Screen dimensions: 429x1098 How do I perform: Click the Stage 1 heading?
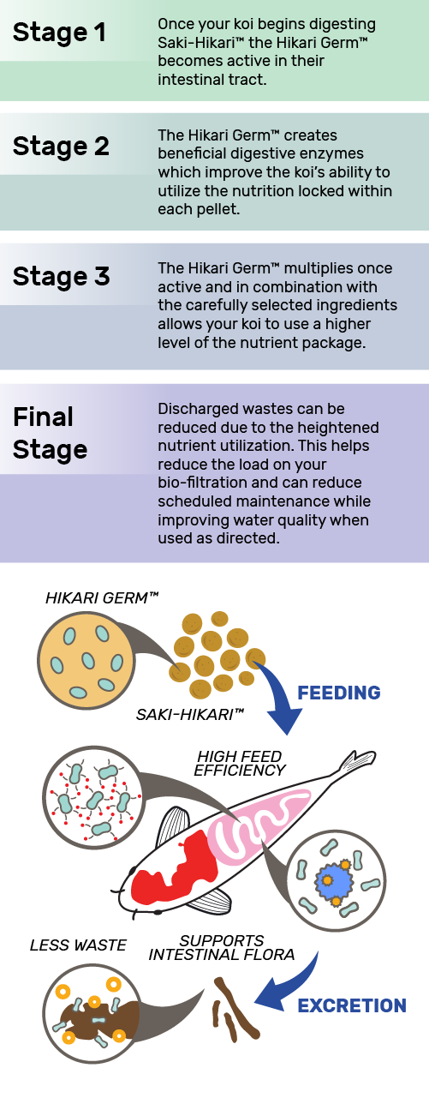[59, 33]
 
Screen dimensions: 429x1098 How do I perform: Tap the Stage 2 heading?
[61, 146]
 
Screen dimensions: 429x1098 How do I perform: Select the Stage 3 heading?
[61, 276]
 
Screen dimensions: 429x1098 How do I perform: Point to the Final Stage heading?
[50, 434]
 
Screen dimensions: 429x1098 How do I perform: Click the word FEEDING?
[339, 693]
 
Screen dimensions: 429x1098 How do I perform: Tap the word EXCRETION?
[352, 1005]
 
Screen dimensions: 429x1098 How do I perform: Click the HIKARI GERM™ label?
[102, 598]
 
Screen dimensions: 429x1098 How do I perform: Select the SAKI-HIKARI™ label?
[189, 715]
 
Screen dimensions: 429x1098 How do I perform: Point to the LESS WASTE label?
[78, 945]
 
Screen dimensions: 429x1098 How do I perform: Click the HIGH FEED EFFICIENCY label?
[239, 763]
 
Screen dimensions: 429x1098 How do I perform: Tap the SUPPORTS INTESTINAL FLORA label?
[222, 947]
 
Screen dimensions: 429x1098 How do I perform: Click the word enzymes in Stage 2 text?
[331, 153]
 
